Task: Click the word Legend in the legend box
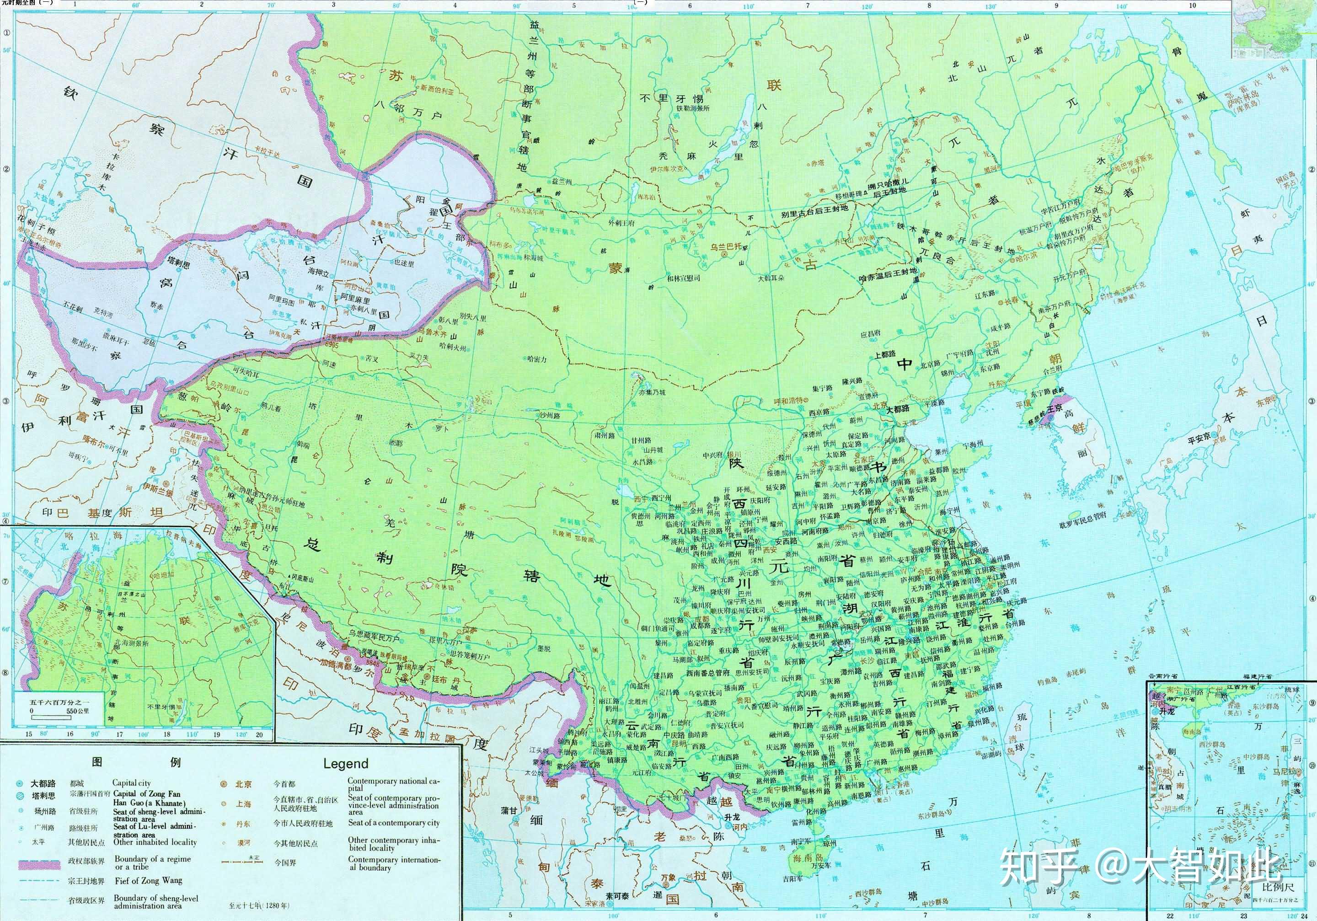345,763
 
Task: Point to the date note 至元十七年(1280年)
259,905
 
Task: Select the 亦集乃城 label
652,392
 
